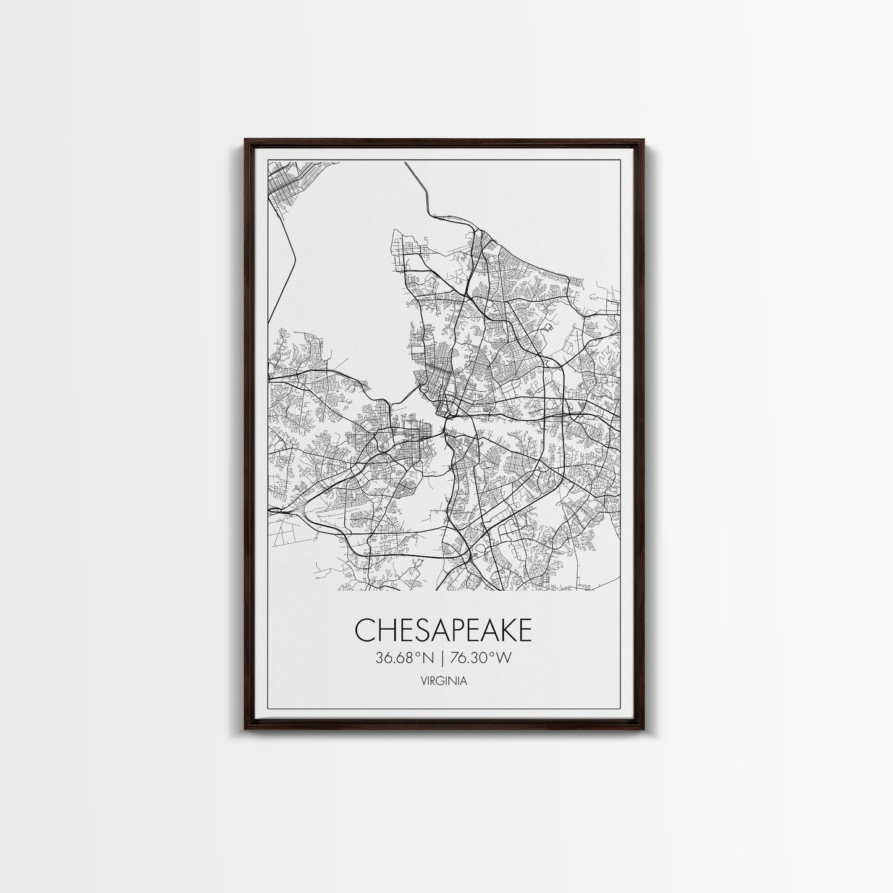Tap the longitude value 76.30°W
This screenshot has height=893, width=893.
[480, 658]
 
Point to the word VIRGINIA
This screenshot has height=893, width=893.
[443, 681]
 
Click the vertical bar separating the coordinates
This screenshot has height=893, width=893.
[443, 658]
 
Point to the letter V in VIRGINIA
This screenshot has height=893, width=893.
[422, 681]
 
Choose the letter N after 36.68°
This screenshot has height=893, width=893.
[433, 658]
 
